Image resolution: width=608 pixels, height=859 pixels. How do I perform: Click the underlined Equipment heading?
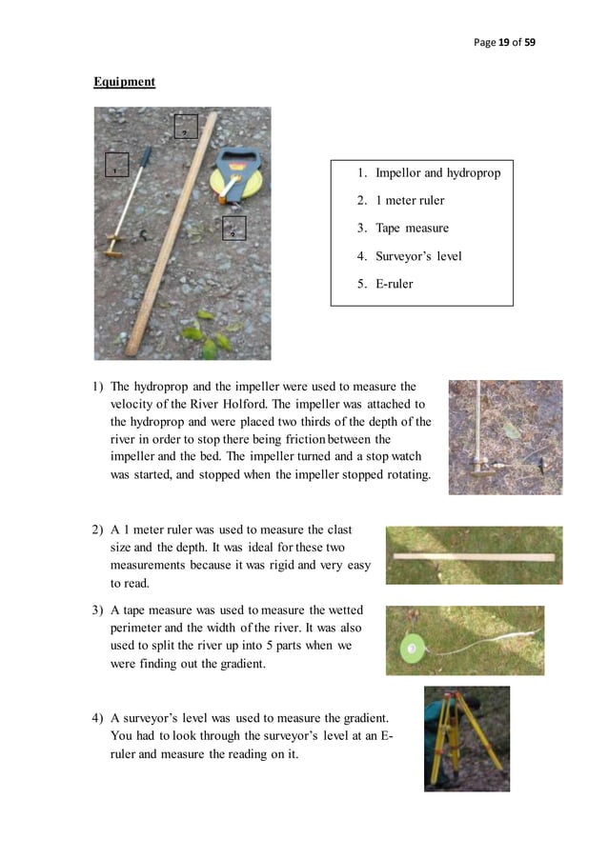[124, 82]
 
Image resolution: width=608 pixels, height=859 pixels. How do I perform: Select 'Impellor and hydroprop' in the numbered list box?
[437, 173]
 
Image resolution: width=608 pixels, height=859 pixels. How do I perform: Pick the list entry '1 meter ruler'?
[410, 201]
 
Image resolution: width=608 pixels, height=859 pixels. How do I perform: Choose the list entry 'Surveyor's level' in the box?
[418, 256]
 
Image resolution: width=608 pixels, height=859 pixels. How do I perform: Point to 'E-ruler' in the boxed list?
[394, 284]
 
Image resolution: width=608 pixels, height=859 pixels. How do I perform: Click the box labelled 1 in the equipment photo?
[116, 166]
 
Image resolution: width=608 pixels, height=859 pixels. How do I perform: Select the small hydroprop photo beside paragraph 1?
[505, 437]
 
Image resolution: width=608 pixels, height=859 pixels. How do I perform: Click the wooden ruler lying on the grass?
[474, 555]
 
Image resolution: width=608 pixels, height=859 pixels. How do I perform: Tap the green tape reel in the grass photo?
[412, 649]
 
